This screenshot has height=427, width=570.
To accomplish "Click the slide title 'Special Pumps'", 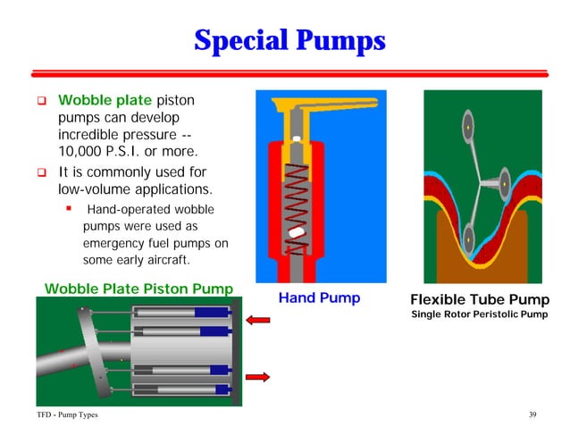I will coord(289,40).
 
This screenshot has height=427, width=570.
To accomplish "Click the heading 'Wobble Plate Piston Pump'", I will coord(140,288).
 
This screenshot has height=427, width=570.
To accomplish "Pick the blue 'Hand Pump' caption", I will coord(319,298).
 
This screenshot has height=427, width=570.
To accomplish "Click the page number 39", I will coord(533,415).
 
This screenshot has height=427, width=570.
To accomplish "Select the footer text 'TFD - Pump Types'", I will coord(61,415).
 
